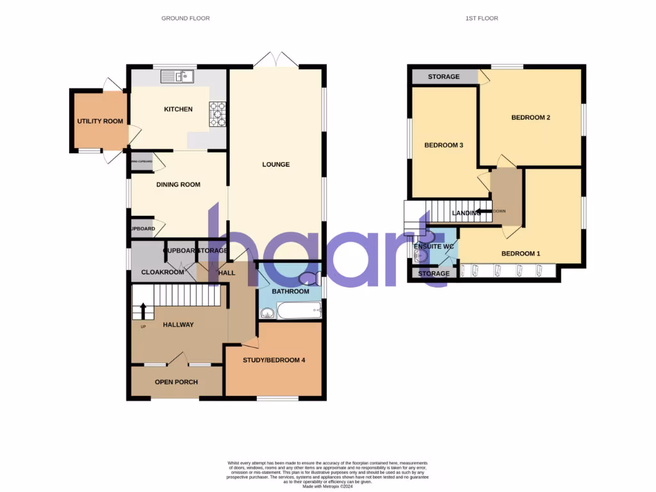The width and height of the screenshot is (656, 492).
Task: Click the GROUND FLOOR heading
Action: tap(185, 19)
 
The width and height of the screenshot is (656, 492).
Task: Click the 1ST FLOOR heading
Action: tap(482, 19)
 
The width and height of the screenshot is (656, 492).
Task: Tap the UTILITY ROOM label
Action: tap(100, 121)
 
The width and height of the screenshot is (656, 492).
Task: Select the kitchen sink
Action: tap(177, 78)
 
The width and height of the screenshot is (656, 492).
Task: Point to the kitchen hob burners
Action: tap(218, 114)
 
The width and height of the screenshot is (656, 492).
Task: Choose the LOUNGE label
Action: tap(276, 165)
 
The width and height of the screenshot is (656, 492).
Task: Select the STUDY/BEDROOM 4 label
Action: tap(274, 360)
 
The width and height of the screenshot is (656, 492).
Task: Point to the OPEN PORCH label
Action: tap(176, 382)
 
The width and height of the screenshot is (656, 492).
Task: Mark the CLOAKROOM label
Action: tap(163, 272)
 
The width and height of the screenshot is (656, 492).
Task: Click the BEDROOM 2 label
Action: tap(530, 118)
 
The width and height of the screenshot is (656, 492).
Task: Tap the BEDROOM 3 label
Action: tap(444, 145)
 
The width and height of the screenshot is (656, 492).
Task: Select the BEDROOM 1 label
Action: tap(520, 254)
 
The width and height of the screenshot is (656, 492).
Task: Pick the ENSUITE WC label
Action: tap(434, 246)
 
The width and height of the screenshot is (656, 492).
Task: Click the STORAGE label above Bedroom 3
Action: tap(444, 77)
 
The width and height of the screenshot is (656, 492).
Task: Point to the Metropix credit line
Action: tap(327, 486)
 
